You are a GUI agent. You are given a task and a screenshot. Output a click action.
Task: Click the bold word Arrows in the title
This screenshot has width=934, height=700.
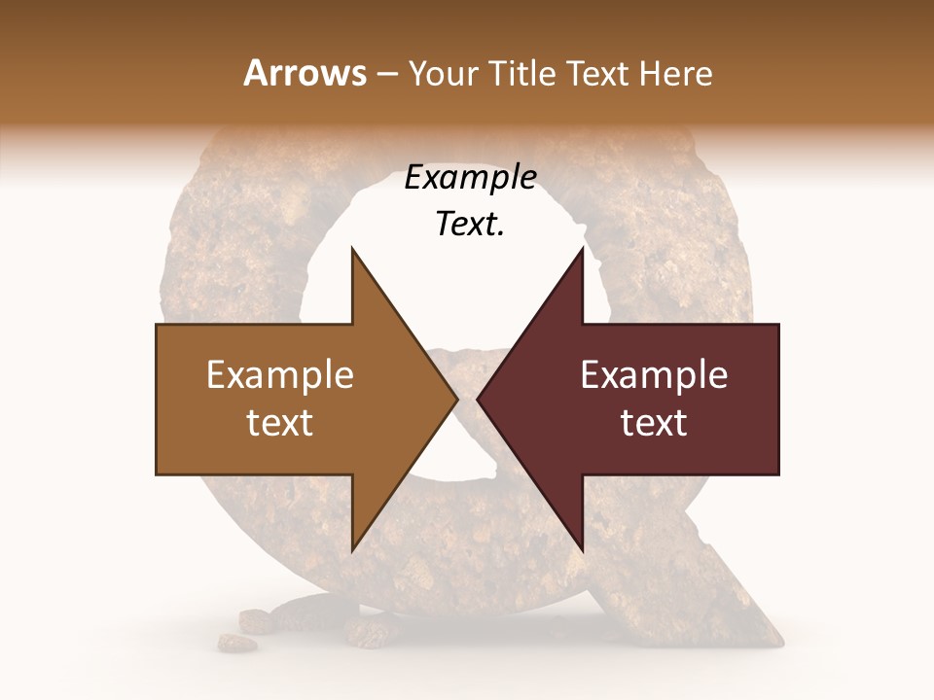pos(305,73)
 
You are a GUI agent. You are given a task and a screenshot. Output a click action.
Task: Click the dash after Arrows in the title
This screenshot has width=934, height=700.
pos(388,74)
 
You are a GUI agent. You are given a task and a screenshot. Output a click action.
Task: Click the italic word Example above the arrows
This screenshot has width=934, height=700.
pos(470,178)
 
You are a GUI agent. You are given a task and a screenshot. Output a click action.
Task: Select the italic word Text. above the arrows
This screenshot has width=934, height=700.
pos(470,224)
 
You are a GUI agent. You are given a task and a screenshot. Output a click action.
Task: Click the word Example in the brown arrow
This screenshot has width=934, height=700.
pos(280,375)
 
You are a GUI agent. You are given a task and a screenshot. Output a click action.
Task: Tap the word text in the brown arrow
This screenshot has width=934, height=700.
pos(280,422)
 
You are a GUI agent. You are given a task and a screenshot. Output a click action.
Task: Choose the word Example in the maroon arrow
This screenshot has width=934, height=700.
pos(654,375)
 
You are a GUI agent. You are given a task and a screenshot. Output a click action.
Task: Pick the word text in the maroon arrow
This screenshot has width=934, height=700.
pos(654,422)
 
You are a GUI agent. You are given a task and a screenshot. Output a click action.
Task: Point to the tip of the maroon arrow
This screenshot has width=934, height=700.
pos(479,399)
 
